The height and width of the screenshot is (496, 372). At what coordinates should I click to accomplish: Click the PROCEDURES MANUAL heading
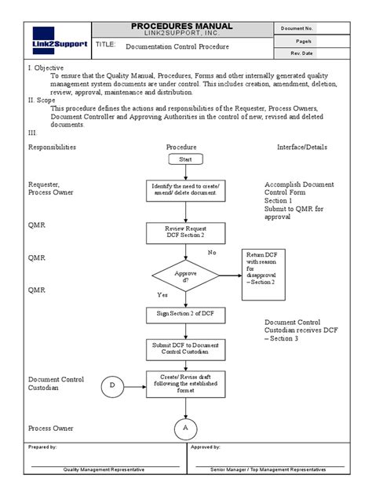pyautogui.click(x=185, y=26)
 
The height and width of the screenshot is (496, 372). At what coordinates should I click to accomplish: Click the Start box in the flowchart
pyautogui.click(x=185, y=159)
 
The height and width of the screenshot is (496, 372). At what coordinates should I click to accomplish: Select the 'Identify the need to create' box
pyautogui.click(x=185, y=190)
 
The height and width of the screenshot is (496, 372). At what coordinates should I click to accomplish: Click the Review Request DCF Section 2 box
pyautogui.click(x=185, y=231)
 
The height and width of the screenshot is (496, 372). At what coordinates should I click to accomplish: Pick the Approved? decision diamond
pyautogui.click(x=186, y=276)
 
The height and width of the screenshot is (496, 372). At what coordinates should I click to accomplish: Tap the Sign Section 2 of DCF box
pyautogui.click(x=185, y=315)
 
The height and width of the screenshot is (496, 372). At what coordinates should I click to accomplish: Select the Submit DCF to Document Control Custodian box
pyautogui.click(x=185, y=348)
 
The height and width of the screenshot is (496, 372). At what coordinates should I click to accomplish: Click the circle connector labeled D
pyautogui.click(x=112, y=385)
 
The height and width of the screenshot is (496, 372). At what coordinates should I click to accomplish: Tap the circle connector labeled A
pyautogui.click(x=186, y=428)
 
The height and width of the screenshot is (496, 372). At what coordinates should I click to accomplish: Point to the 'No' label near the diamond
pyautogui.click(x=211, y=253)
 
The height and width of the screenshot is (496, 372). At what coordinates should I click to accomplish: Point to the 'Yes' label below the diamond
pyautogui.click(x=162, y=296)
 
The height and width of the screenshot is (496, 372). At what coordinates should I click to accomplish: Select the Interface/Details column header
pyautogui.click(x=302, y=147)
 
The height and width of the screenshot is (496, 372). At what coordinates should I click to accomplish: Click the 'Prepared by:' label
pyautogui.click(x=43, y=447)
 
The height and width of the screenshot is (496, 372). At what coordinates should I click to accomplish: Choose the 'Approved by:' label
pyautogui.click(x=206, y=447)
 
